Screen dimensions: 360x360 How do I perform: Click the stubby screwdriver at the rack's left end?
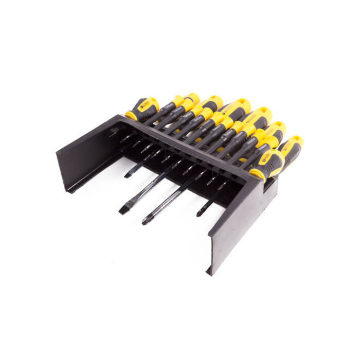[x=142, y=109]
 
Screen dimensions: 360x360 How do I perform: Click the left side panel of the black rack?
[x=87, y=154]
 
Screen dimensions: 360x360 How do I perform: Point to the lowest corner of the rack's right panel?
[x=210, y=274]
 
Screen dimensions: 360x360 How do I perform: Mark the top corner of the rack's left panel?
[x=118, y=116]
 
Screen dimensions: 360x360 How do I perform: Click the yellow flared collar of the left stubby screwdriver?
[x=132, y=116]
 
